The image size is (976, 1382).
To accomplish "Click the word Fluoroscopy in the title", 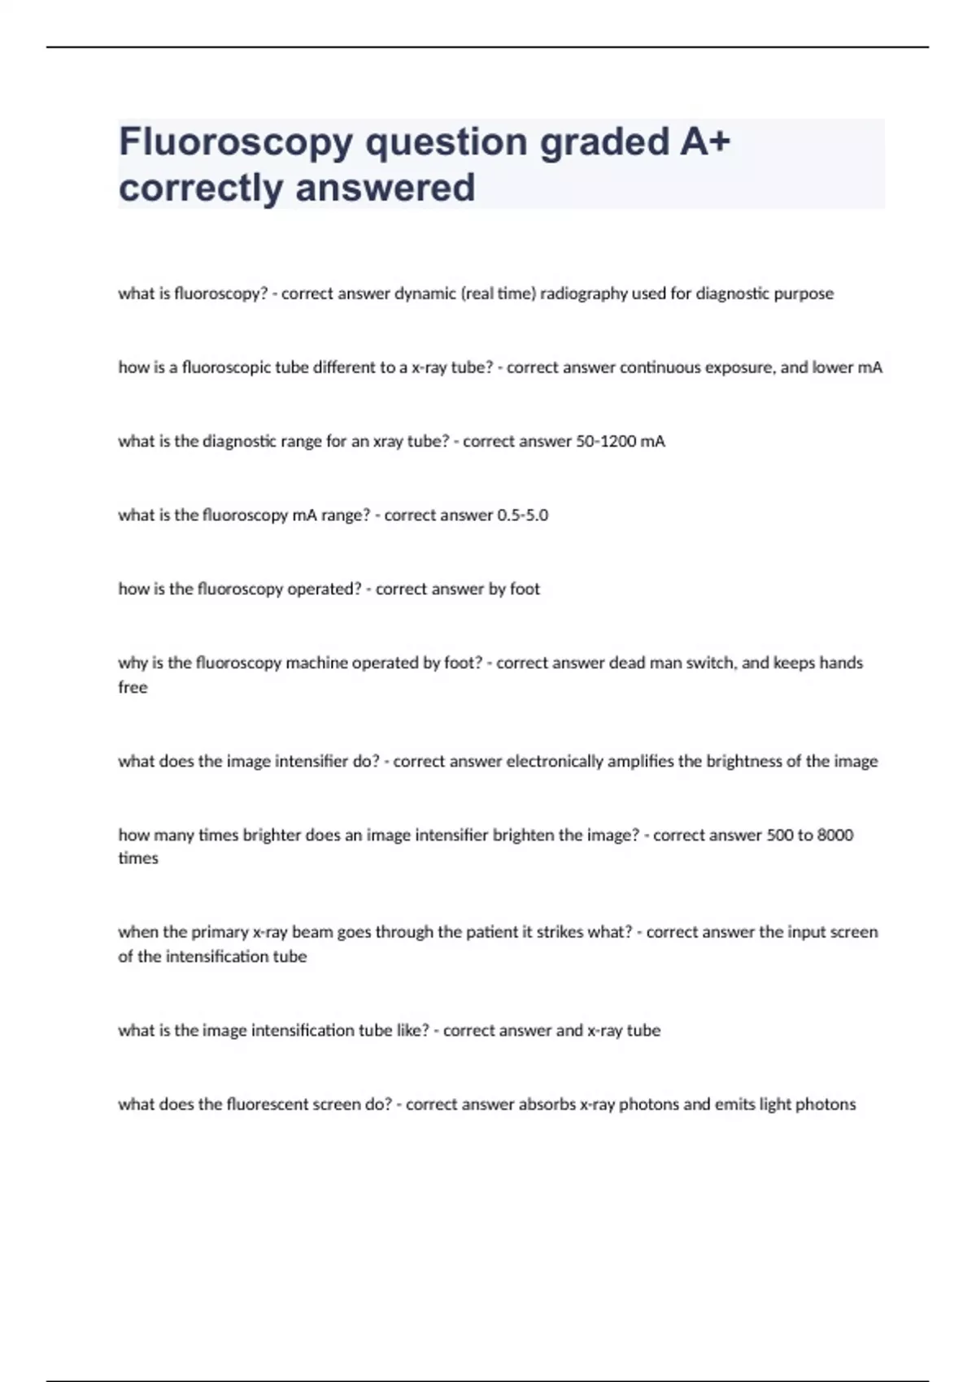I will coord(236,143).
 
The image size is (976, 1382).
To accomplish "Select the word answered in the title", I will coord(386,188).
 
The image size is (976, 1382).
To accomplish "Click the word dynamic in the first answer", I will coord(425,293).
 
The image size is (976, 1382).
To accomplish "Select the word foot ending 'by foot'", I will coord(525,589).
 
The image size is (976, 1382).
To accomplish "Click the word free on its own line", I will coord(133,688).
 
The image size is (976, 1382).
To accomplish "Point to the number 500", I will coord(779,835).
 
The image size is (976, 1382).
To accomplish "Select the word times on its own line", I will coord(138,858).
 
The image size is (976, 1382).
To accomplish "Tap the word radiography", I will coord(583,293).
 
